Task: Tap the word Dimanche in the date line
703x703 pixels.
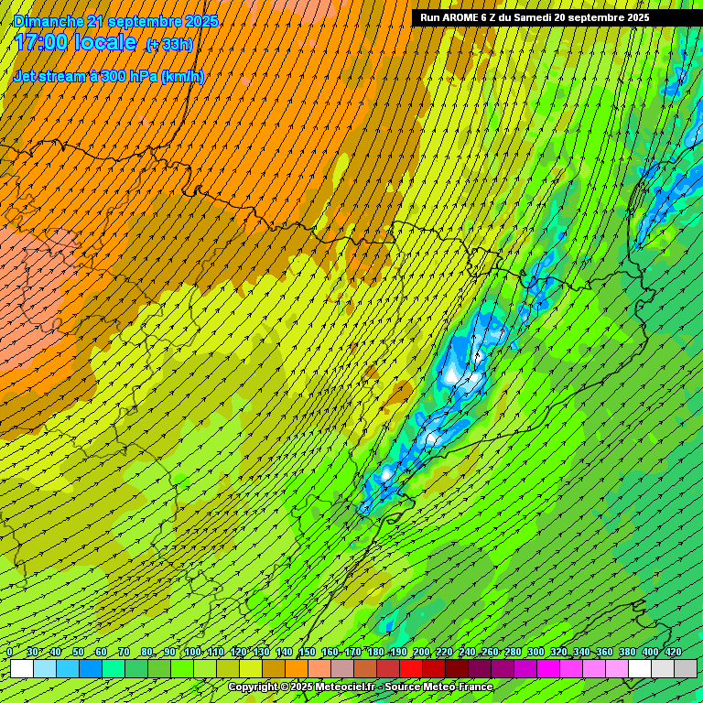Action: point(49,20)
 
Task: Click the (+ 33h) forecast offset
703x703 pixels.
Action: point(169,45)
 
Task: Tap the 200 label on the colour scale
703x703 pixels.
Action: point(421,652)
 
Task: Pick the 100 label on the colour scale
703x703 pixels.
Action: point(192,652)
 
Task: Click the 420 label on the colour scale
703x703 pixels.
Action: point(674,652)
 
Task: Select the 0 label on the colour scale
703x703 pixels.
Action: point(10,652)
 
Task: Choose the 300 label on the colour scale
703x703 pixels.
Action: point(535,652)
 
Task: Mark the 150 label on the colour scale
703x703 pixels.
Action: point(307,652)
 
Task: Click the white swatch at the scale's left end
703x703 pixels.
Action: point(22,669)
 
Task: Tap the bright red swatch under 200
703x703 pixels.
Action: point(411,669)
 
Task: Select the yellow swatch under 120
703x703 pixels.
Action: point(251,669)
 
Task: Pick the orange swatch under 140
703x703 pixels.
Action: point(297,669)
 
